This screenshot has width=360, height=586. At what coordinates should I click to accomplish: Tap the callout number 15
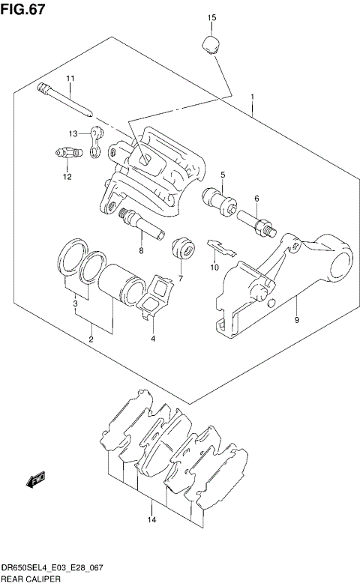point(211,17)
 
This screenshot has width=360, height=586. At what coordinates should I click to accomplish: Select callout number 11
point(70,79)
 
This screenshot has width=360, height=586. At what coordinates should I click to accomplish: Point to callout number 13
point(74,133)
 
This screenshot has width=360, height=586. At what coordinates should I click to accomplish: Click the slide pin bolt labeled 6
point(259,222)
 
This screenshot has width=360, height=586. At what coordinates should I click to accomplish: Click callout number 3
point(76,304)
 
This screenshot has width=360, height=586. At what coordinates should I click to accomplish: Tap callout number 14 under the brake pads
point(151,520)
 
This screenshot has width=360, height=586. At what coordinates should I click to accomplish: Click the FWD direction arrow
point(36,478)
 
